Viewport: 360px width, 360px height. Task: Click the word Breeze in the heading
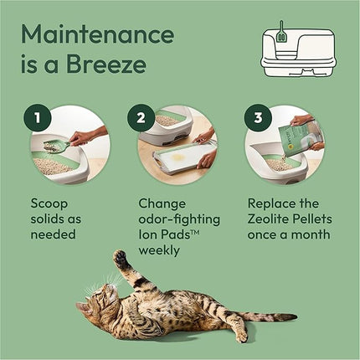[x=105, y=66]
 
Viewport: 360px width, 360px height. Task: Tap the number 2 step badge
[x=141, y=117]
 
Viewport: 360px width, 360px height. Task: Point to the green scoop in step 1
[x=55, y=147]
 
